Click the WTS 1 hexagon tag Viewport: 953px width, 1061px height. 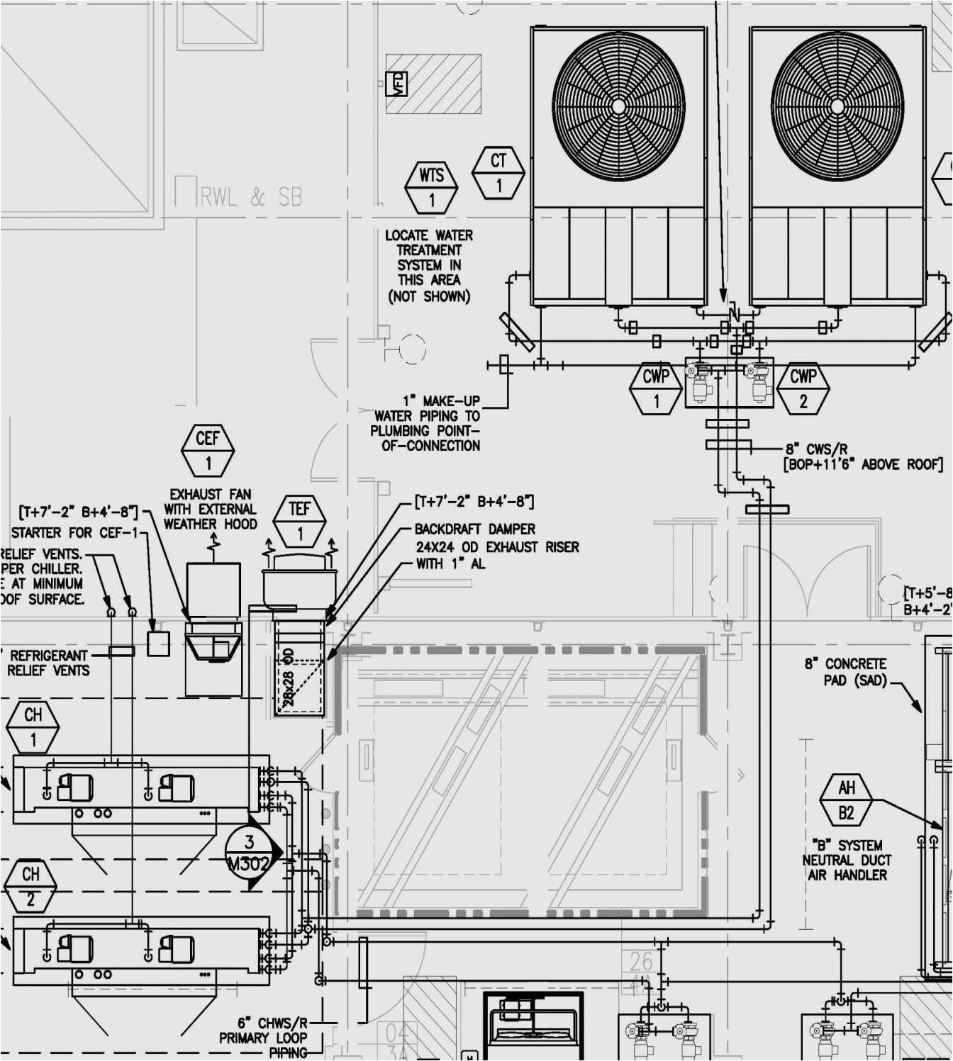coord(431,188)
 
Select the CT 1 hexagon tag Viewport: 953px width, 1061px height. coord(498,173)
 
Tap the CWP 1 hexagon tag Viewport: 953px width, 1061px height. coord(656,388)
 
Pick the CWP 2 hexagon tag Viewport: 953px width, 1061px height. coord(803,388)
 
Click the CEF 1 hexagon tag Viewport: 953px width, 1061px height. coord(208,451)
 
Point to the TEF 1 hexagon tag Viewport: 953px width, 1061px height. coord(299,521)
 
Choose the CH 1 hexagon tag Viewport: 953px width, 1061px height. coord(33,727)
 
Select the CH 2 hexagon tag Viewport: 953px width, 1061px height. coord(30,886)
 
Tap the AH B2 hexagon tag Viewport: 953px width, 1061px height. coord(846,800)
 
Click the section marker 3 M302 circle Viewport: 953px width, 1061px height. coord(250,853)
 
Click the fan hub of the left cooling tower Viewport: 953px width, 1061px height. coord(618,106)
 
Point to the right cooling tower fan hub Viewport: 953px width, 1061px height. coord(837,106)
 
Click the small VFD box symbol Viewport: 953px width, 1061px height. coord(396,84)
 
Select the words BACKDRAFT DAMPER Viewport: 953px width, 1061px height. coord(475,529)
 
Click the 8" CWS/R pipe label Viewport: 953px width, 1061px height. coord(816,449)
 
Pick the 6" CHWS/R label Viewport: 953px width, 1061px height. coord(272,1023)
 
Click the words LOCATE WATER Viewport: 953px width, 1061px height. coord(428,235)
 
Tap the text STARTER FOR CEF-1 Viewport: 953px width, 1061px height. coord(74,532)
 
